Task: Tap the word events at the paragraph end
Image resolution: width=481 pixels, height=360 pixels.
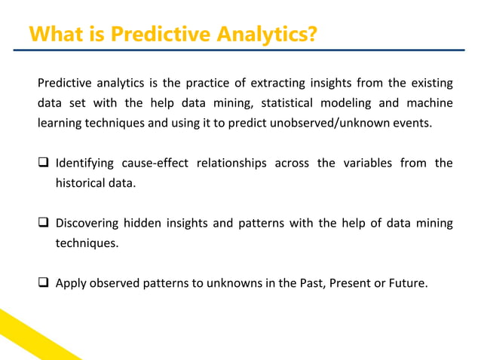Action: point(413,122)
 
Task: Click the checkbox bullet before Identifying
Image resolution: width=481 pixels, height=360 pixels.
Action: point(44,163)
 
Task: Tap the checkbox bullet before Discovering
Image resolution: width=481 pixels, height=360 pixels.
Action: point(44,224)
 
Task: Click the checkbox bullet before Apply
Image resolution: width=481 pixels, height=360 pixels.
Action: point(44,284)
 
